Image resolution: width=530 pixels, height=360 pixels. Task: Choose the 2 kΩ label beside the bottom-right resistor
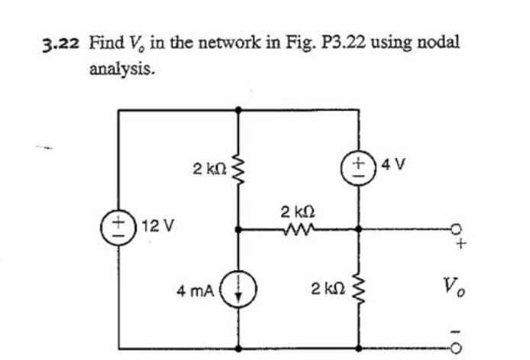326,289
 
